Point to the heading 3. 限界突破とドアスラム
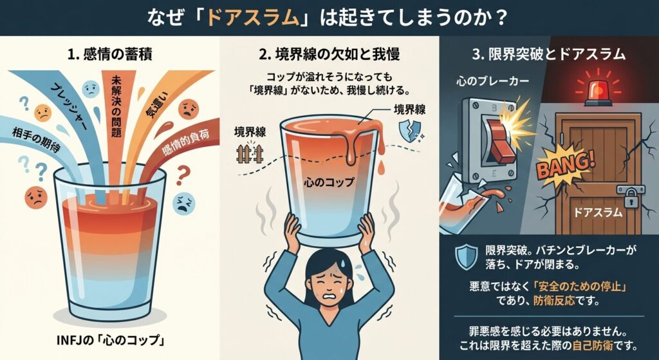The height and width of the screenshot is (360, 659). tap(549, 55)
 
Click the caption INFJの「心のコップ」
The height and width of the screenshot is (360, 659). tap(109, 340)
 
